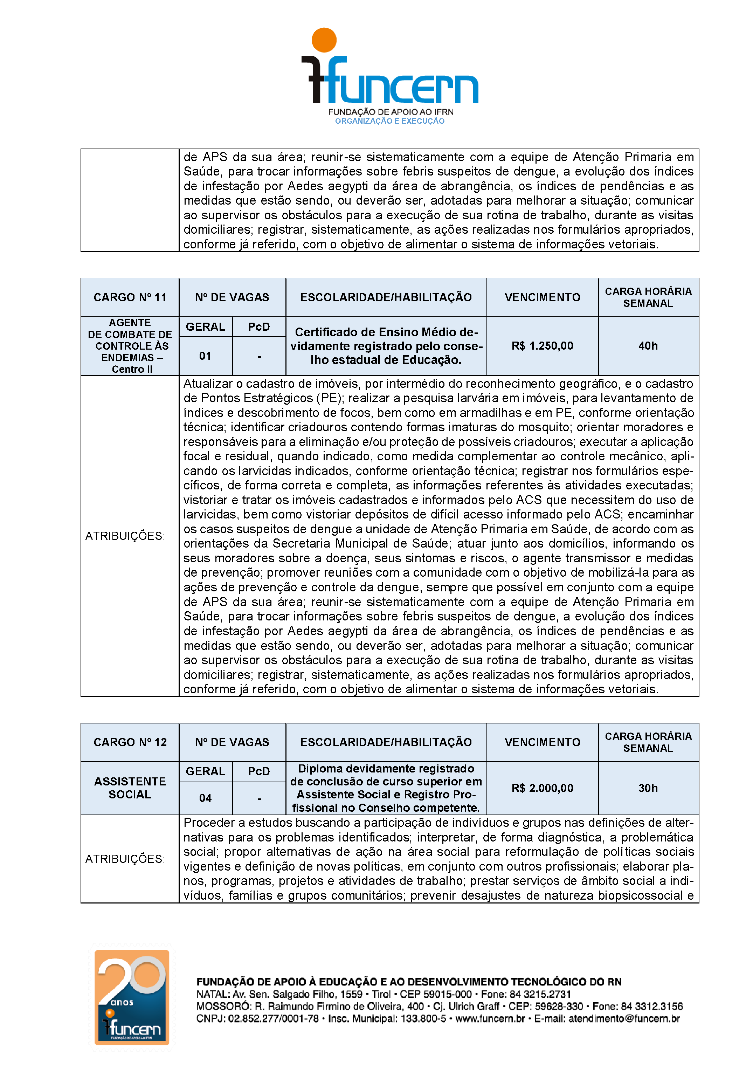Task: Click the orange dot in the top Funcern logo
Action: [324, 40]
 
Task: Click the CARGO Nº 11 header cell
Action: [130, 297]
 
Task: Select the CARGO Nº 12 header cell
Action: [130, 742]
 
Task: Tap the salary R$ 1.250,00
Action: [542, 345]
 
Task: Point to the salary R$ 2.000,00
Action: [542, 788]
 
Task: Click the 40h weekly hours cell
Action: [648, 345]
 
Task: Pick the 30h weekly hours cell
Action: [648, 788]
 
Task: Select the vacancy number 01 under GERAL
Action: [205, 356]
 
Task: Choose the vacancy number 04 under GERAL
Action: [205, 798]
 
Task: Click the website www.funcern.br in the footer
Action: [490, 1019]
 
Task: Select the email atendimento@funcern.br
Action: [624, 1019]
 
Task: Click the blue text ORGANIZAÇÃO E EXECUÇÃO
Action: [389, 121]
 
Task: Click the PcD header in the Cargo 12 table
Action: [259, 771]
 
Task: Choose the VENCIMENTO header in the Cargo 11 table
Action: [542, 297]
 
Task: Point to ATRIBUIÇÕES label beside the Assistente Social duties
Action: [125, 859]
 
